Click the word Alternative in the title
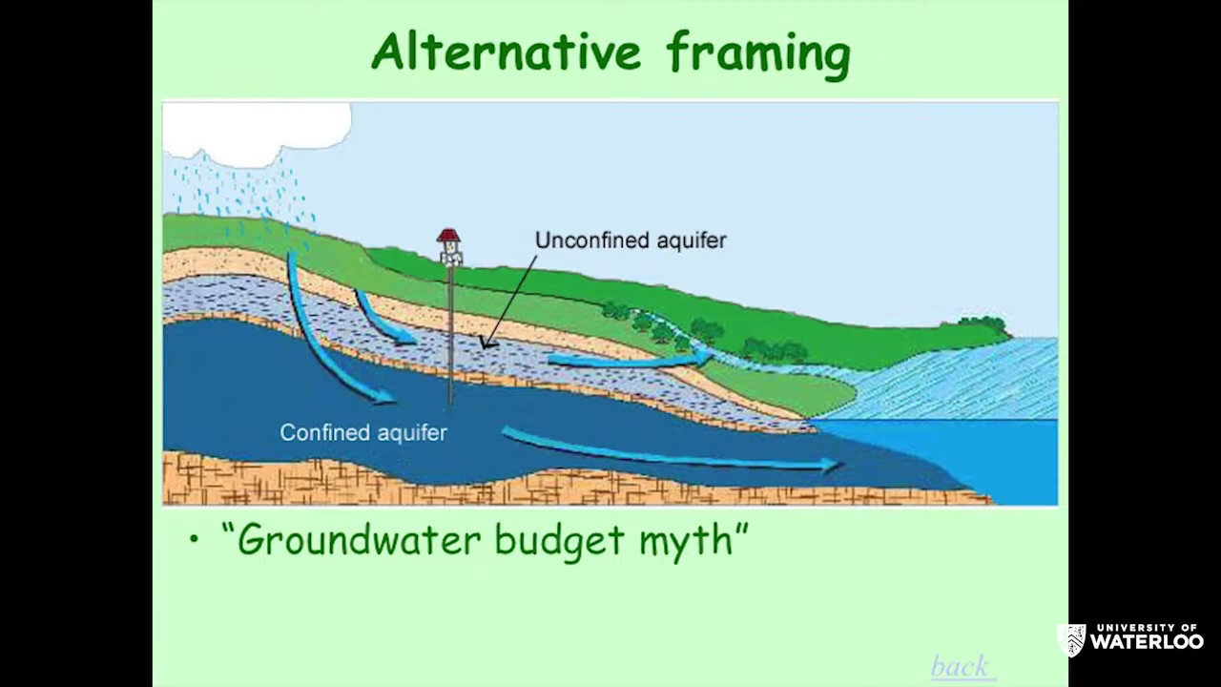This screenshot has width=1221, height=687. tap(506, 51)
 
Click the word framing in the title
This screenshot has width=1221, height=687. tap(758, 55)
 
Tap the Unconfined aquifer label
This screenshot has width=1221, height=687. tap(631, 239)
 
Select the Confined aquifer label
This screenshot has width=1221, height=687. tap(363, 432)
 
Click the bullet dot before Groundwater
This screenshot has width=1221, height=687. tap(193, 540)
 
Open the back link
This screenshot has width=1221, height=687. tap(960, 666)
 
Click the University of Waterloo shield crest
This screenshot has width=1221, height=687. tap(1071, 640)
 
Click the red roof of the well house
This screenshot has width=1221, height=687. tap(448, 235)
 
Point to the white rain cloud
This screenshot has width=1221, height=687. tap(257, 133)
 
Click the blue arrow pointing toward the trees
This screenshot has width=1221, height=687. tap(630, 360)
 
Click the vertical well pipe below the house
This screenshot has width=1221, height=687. tap(450, 335)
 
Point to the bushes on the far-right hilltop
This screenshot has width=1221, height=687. tap(982, 323)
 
